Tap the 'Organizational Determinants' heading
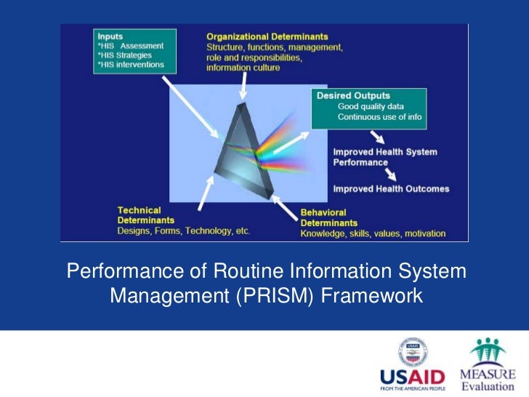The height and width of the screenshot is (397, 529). (x=267, y=36)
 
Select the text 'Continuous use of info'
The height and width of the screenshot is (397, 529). (x=379, y=117)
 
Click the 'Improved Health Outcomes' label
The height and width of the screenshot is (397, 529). (x=391, y=189)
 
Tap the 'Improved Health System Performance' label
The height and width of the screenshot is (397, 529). (x=385, y=157)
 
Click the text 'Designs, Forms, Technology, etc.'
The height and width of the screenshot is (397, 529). (x=183, y=231)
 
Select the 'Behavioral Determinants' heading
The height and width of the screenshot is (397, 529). (x=329, y=217)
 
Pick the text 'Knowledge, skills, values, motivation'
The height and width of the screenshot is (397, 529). (x=373, y=234)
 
